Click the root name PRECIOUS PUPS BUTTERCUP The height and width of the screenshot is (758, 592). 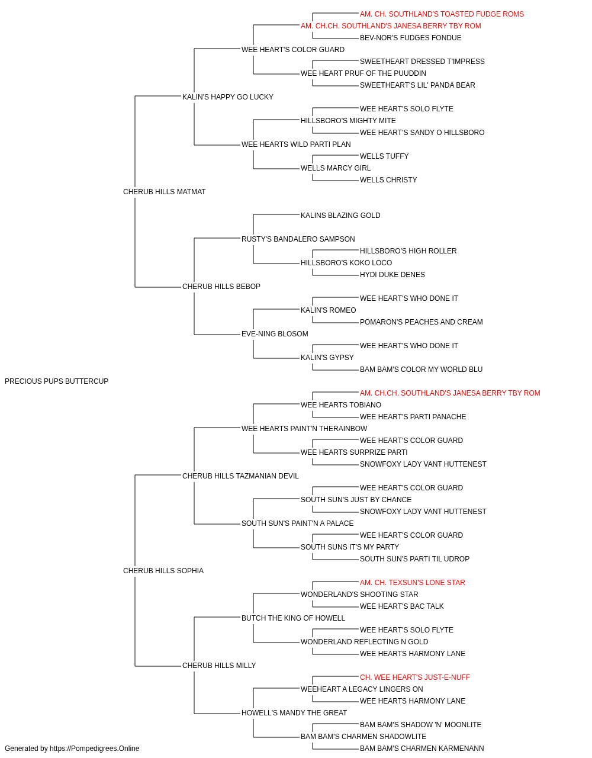(56, 381)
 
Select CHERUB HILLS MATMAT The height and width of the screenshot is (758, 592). (164, 192)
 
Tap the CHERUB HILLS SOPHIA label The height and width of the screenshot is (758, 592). (163, 571)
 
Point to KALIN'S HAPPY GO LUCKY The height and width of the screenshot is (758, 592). (228, 97)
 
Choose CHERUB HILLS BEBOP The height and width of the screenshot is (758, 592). (221, 287)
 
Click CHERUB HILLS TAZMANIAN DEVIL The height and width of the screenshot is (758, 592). (240, 476)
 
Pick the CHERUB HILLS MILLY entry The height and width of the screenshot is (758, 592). (219, 665)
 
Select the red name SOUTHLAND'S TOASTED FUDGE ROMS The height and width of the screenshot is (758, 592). (442, 14)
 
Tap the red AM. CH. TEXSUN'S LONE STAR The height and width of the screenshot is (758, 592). (413, 583)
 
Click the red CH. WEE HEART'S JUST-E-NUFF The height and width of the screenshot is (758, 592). (415, 677)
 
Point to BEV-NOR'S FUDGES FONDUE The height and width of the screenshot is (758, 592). (410, 38)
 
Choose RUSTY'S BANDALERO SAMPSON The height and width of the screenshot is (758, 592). (298, 239)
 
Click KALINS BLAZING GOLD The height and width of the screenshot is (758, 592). (340, 215)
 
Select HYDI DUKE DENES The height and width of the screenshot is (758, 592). (392, 275)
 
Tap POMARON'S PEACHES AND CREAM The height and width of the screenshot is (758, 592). (421, 322)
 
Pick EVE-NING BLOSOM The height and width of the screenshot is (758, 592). (275, 334)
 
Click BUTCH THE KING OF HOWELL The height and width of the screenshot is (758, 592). (293, 618)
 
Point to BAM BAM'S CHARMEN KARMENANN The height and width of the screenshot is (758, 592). (422, 749)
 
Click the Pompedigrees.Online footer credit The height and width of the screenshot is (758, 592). (72, 749)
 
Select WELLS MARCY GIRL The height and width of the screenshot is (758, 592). (336, 168)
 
